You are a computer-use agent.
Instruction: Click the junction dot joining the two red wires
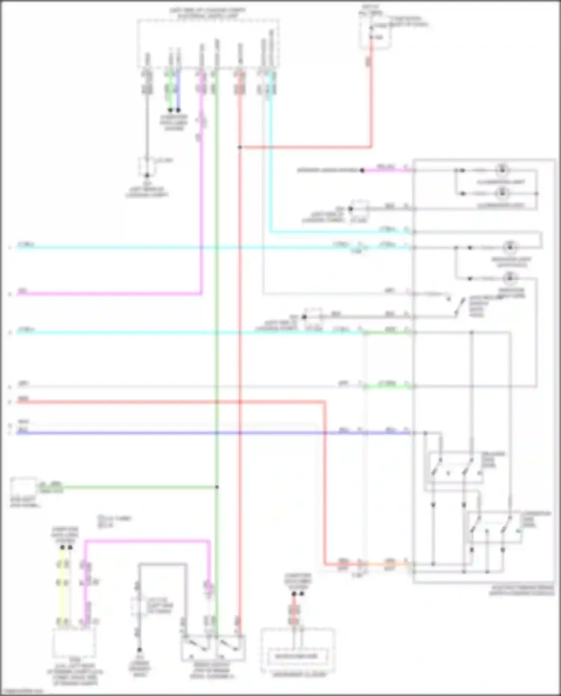(x=240, y=147)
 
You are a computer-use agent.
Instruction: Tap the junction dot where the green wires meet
(x=217, y=487)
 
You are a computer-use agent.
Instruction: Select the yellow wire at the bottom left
(x=63, y=583)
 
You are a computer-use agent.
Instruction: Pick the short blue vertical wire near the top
(x=178, y=90)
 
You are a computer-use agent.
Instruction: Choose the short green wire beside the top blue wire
(x=170, y=90)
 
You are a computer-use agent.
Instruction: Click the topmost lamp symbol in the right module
(x=502, y=170)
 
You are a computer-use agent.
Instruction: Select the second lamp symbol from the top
(x=502, y=193)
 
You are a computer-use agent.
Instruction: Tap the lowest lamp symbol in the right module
(x=509, y=278)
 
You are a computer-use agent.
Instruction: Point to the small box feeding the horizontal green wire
(x=24, y=487)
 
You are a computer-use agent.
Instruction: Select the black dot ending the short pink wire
(x=362, y=170)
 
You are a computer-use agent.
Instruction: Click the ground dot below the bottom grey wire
(x=140, y=650)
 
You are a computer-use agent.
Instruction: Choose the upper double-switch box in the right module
(x=454, y=468)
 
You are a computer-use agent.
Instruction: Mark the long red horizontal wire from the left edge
(x=168, y=402)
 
